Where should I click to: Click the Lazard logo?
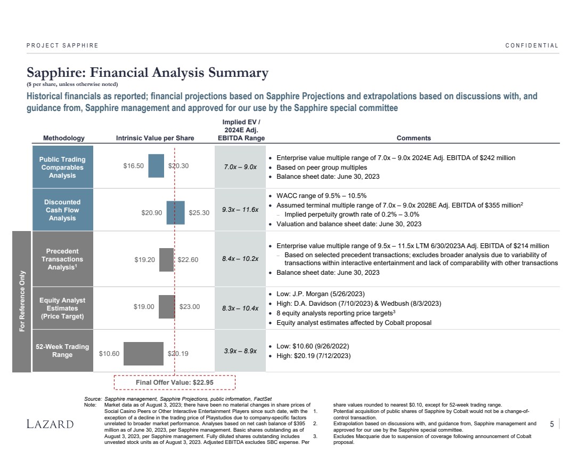(51, 424)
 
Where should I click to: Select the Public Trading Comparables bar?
(156, 165)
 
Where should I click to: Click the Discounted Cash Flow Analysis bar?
(175, 212)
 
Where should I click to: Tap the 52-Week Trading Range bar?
(143, 353)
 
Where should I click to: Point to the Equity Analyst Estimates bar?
(167, 307)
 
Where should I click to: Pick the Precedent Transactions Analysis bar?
(166, 260)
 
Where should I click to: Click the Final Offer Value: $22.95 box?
(174, 383)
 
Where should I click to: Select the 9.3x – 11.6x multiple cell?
(240, 210)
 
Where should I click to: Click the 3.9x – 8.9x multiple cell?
(240, 351)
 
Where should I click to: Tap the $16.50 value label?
(134, 166)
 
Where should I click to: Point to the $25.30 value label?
(199, 213)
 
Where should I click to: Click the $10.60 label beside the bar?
(109, 353)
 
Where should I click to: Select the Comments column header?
(413, 138)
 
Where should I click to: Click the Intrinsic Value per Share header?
(155, 138)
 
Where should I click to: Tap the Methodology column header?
(64, 138)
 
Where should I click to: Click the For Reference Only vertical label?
(22, 301)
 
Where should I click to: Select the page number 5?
(551, 424)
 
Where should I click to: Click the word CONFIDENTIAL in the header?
(532, 45)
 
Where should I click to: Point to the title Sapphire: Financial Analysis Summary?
(148, 73)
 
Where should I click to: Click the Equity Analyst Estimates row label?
(62, 308)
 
